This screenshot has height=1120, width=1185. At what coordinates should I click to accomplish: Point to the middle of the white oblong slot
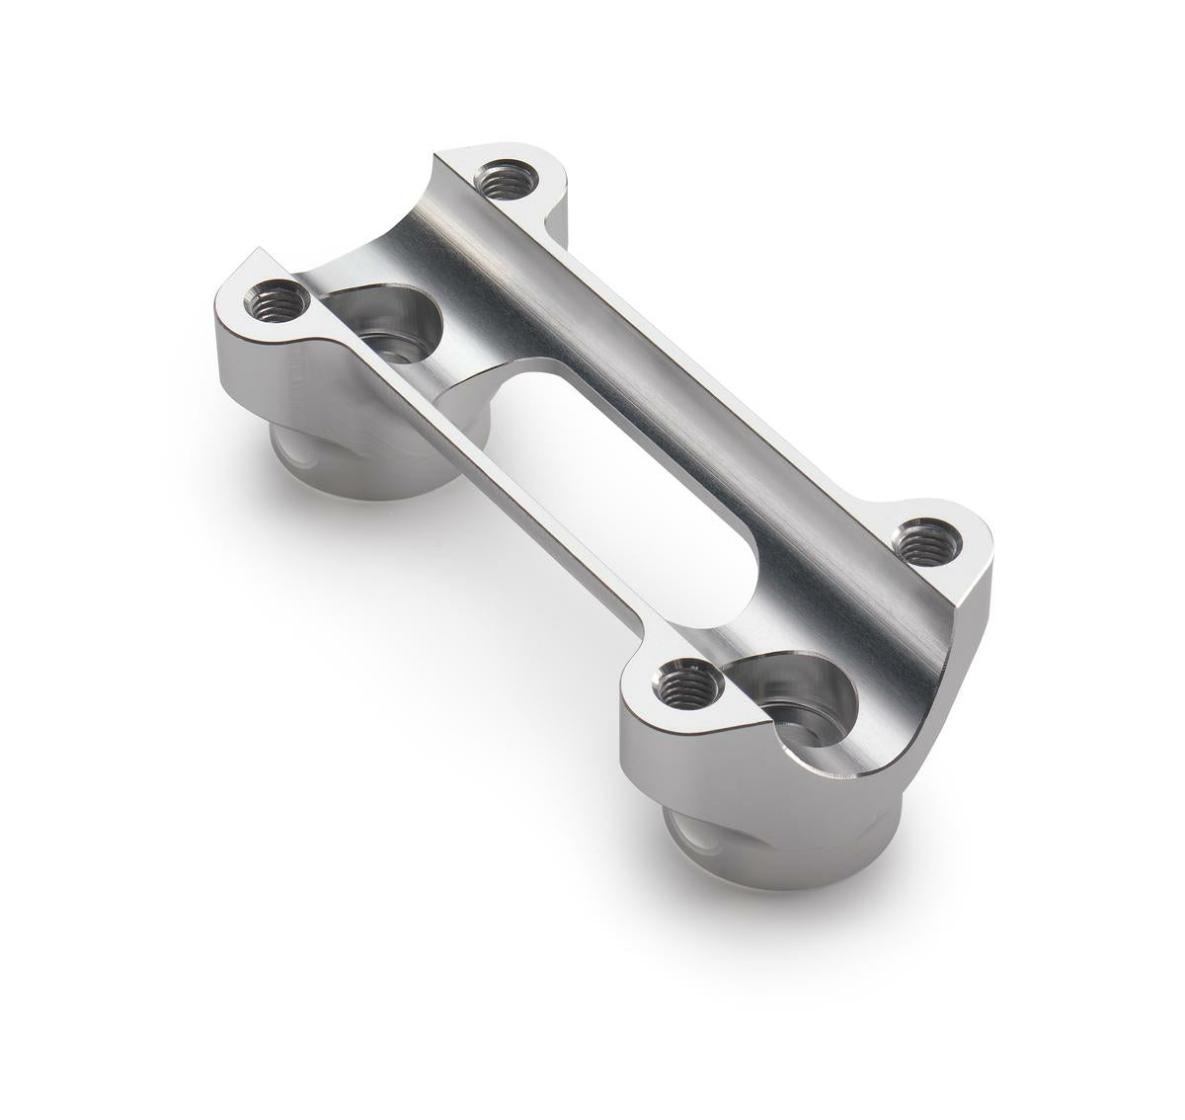632,494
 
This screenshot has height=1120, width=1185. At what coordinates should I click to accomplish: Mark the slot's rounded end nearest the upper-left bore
513,380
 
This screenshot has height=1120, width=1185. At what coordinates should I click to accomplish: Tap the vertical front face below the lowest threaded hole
681,770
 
